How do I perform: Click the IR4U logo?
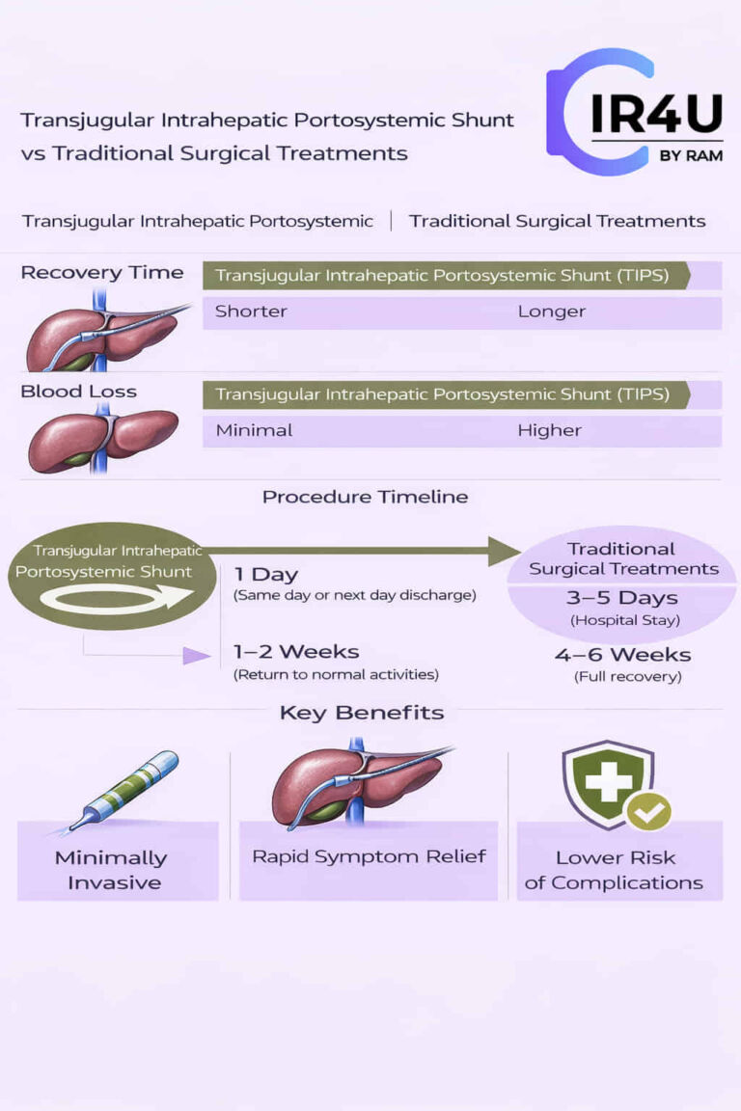634,112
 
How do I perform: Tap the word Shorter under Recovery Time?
251,312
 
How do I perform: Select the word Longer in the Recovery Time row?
551,312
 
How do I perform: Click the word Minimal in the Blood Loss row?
254,430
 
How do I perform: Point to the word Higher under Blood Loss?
549,430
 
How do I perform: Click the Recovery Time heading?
101,273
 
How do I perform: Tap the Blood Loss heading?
78,392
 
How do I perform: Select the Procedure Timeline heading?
365,498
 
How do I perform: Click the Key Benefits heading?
362,714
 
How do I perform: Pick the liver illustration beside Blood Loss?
101,440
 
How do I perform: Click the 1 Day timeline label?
265,575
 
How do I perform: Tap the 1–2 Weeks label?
296,653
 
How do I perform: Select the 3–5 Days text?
622,598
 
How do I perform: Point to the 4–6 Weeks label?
622,655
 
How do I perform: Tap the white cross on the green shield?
607,781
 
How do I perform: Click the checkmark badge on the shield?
648,812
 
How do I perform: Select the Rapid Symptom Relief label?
369,856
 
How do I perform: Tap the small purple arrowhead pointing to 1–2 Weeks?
197,656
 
